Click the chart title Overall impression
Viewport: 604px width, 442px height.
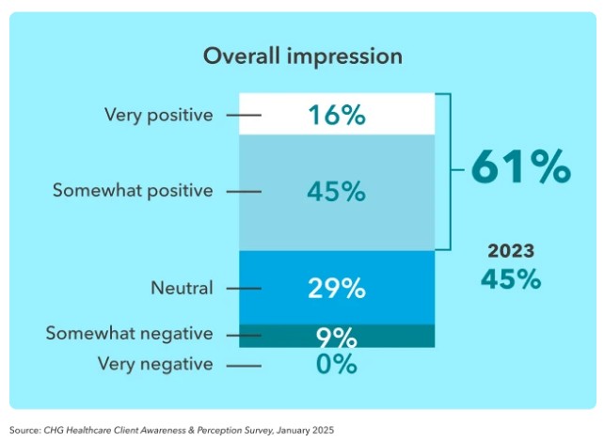(x=302, y=56)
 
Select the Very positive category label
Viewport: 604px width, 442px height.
(x=159, y=116)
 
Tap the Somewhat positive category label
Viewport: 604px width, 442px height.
(x=133, y=191)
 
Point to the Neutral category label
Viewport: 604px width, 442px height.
(x=183, y=288)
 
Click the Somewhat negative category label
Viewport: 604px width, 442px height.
(x=129, y=334)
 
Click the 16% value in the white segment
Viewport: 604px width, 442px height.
(x=336, y=116)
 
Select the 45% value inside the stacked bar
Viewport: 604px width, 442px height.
(x=336, y=191)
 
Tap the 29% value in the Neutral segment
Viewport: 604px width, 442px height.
(x=336, y=288)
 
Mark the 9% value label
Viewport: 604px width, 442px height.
(x=336, y=337)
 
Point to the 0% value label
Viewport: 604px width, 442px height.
(x=336, y=364)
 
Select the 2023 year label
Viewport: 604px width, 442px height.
(x=511, y=251)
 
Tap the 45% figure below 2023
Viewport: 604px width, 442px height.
(x=511, y=279)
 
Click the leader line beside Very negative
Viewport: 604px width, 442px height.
(x=244, y=365)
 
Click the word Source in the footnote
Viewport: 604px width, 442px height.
(x=24, y=429)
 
